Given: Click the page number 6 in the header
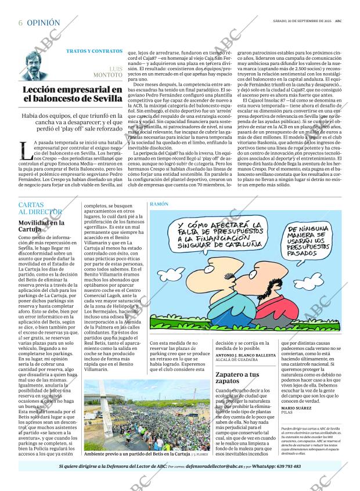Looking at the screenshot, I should pos(20,23).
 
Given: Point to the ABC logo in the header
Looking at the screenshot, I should pos(345,21).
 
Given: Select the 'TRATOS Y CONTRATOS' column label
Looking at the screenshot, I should pos(94,51).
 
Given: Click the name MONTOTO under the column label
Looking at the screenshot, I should pos(107,75).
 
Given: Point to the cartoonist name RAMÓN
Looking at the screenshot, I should pos(159,205).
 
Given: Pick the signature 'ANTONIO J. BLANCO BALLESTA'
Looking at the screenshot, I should pos(246,355).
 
